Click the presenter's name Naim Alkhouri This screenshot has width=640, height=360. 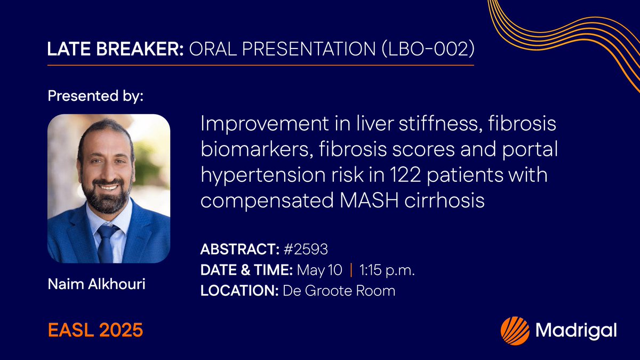96,284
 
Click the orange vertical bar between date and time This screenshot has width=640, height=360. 350,271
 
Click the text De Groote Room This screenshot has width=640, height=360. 339,291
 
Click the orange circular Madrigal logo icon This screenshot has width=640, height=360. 515,330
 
